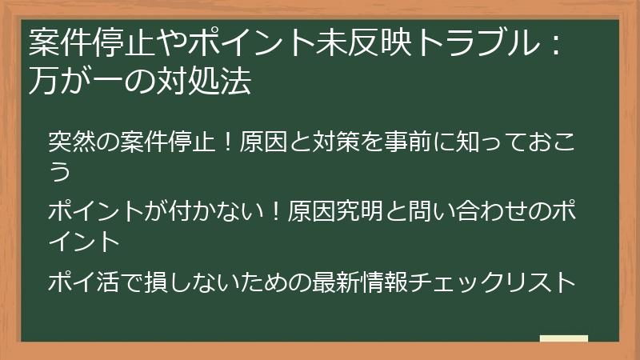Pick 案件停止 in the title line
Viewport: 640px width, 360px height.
(87, 45)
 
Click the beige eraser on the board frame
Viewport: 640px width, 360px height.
(564, 339)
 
